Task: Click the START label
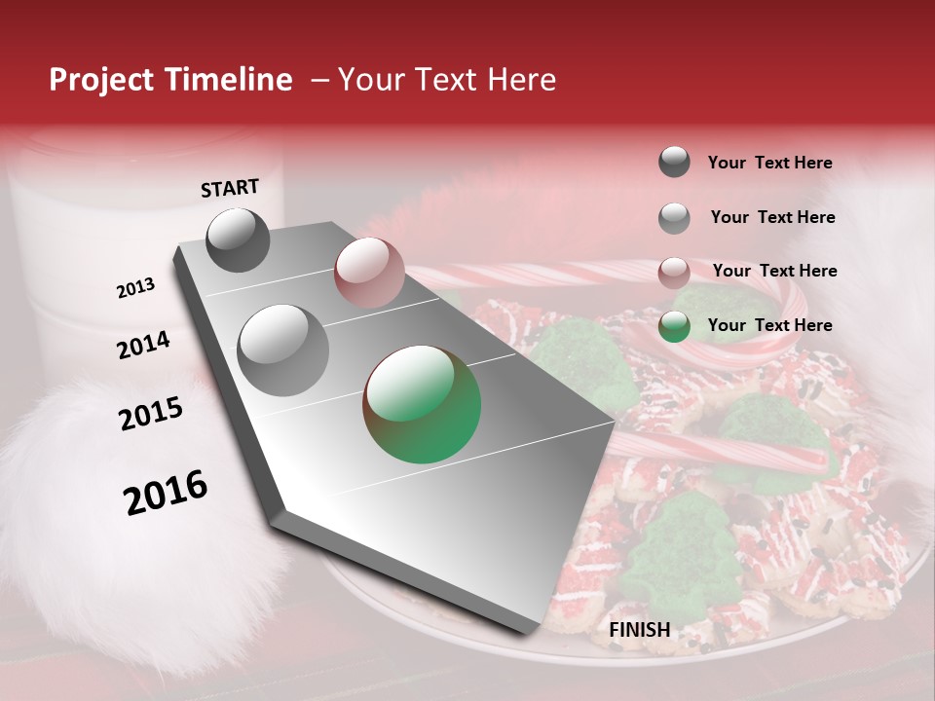click(x=230, y=188)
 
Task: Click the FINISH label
click(x=639, y=630)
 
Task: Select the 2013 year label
click(x=135, y=288)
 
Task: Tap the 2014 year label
click(x=143, y=345)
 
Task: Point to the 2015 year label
click(x=151, y=414)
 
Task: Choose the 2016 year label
click(x=166, y=492)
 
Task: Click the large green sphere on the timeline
click(x=422, y=404)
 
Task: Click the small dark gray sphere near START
click(x=239, y=240)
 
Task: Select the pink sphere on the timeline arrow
click(x=369, y=272)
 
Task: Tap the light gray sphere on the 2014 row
click(x=283, y=350)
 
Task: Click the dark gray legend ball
click(x=674, y=162)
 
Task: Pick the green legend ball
click(x=674, y=326)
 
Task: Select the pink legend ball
click(x=674, y=272)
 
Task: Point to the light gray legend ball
click(x=674, y=217)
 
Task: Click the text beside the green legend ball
click(x=769, y=325)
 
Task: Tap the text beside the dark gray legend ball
click(x=769, y=163)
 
